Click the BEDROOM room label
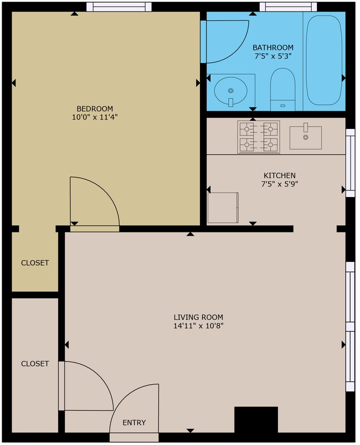95,108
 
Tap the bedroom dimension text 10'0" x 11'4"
95,117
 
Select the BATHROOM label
273,48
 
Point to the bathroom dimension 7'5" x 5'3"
273,56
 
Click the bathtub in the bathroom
325,60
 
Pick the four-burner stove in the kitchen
258,137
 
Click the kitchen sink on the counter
305,136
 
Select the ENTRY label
134,423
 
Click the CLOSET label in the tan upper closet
35,263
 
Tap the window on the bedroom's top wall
119,7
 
